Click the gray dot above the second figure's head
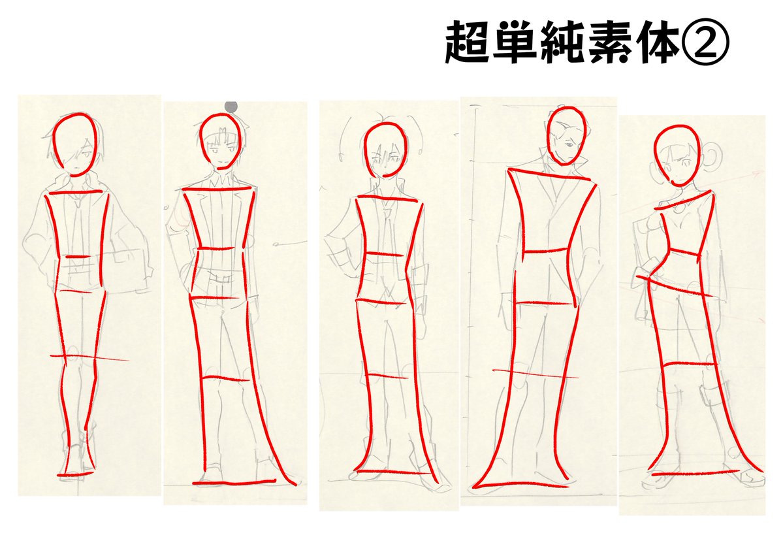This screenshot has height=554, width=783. point(230,106)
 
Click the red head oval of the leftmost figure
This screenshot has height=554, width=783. point(77,144)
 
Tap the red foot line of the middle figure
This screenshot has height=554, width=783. point(394,472)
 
